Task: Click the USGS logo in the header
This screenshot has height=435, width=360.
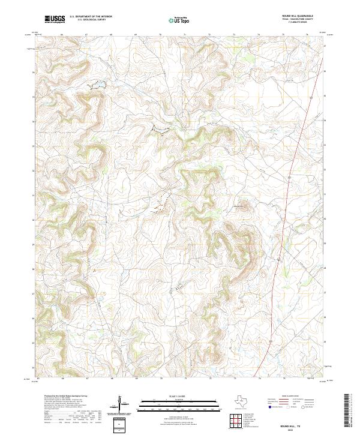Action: tap(55, 19)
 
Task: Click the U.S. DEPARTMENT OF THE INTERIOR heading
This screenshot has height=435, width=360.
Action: tap(91, 17)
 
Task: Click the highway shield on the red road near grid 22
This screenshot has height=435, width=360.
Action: tap(289, 179)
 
